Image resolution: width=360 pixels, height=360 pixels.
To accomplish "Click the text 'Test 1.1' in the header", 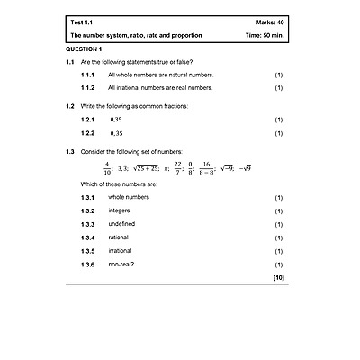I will tap(84, 21).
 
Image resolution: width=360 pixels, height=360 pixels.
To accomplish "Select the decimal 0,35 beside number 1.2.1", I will tap(115, 119).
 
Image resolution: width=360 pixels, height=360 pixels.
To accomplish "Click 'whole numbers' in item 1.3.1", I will tap(128, 197).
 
